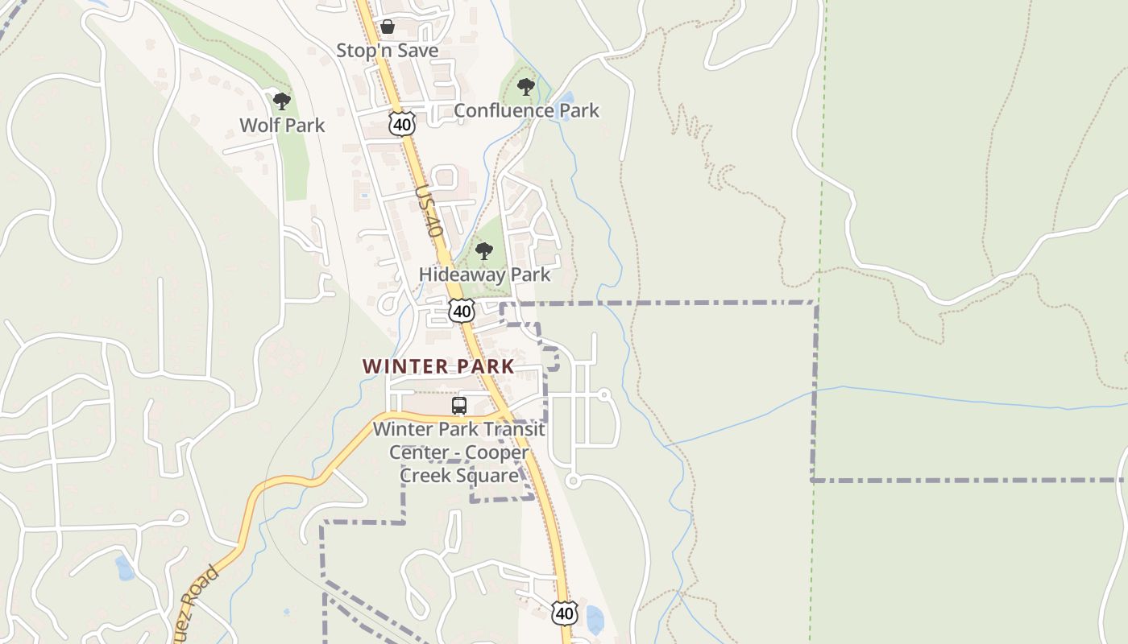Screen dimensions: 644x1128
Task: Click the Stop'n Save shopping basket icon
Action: point(388,27)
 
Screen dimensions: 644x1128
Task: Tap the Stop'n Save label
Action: point(388,51)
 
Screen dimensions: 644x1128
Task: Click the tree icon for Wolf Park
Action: point(281,101)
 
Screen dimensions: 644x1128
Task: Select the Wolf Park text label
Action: point(282,126)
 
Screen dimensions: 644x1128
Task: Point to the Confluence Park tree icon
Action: point(526,86)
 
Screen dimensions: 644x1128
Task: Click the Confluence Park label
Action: point(526,110)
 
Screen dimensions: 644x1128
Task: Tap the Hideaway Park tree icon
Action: point(484,251)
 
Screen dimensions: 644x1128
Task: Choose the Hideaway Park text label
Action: point(484,275)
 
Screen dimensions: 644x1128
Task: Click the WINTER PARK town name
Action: point(438,366)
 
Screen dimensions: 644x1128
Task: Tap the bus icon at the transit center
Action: point(459,406)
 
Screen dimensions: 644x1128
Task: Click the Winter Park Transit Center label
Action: point(459,452)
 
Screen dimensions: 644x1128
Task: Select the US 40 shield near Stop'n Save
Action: point(401,123)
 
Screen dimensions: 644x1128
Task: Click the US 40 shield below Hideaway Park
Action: point(462,311)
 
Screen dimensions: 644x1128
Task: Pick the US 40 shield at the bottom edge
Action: point(565,613)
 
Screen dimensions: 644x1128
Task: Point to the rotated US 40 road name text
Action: point(430,210)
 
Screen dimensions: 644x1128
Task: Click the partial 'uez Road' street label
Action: point(197,600)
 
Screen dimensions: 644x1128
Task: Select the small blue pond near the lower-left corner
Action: point(124,568)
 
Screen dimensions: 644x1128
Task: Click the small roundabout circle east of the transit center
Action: point(603,394)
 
